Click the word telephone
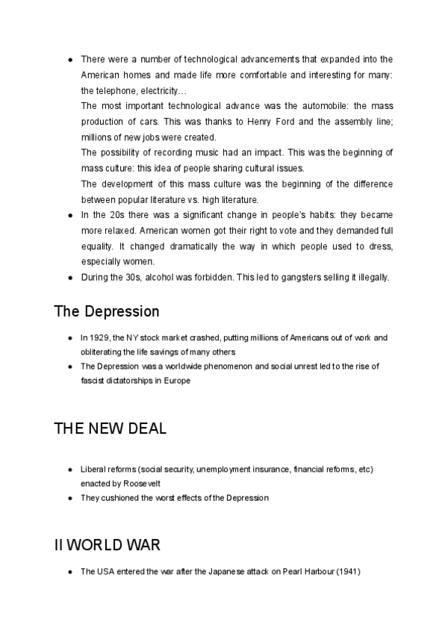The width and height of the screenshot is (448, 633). click(x=111, y=91)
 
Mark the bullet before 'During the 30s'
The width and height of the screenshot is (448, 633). click(x=69, y=277)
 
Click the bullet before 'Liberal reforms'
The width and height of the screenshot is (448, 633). click(x=69, y=469)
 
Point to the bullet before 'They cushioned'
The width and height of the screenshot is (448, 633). click(x=69, y=497)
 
